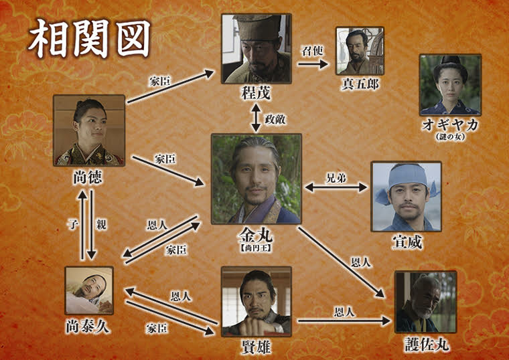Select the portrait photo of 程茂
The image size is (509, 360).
click(257, 48)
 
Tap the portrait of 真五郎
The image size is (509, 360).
click(359, 50)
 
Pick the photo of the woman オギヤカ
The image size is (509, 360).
click(449, 84)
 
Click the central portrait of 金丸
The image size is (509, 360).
click(256, 179)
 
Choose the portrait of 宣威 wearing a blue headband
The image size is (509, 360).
click(406, 196)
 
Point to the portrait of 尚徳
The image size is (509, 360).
click(89, 130)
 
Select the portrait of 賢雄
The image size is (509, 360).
click(256, 300)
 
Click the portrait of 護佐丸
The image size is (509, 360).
click(425, 302)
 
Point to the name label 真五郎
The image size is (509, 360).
click(359, 84)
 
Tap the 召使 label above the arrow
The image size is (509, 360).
click(312, 51)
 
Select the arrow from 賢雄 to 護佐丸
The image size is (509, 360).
click(342, 321)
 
